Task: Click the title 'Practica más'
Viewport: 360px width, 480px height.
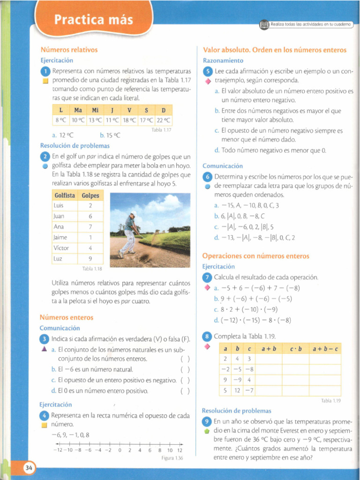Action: (94, 21)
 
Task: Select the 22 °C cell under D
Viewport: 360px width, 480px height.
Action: (164, 120)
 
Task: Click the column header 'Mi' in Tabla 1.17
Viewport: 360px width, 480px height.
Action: (95, 111)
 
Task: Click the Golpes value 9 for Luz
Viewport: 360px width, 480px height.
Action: (90, 258)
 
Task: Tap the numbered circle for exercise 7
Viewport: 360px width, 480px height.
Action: (208, 277)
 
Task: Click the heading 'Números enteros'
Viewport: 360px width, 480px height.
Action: (67, 317)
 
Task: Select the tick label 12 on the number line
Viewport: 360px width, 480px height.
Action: (180, 450)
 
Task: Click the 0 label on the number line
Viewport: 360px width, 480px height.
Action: (120, 450)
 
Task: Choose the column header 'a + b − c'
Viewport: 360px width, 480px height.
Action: (325, 349)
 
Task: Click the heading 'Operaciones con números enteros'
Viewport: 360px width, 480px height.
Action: (256, 256)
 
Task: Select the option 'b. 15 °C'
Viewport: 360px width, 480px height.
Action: (110, 135)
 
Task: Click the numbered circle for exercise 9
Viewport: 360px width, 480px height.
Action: (208, 421)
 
